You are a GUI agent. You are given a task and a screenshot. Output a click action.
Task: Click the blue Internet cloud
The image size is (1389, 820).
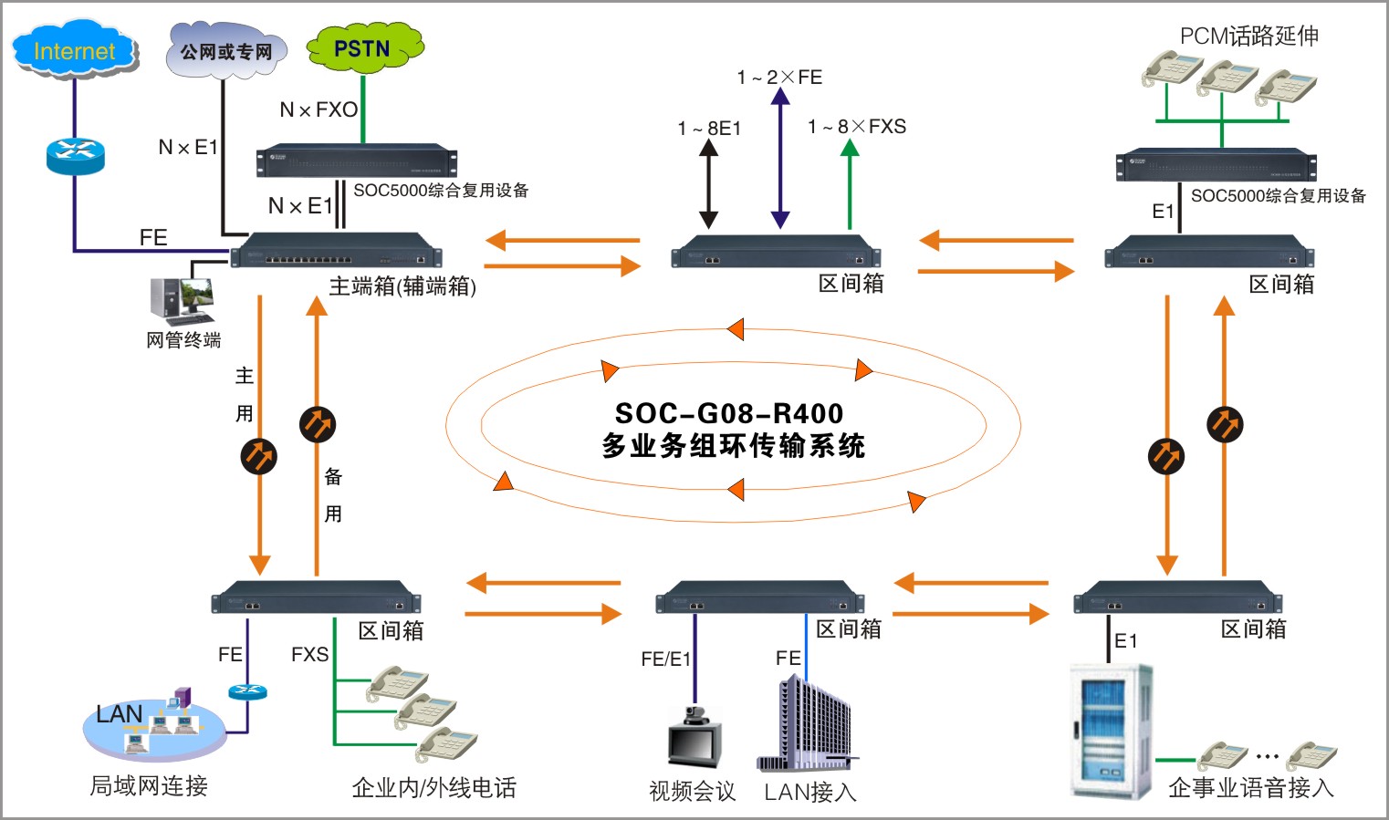click(75, 50)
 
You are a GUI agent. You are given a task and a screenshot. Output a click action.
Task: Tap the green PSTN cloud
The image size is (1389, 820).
click(363, 48)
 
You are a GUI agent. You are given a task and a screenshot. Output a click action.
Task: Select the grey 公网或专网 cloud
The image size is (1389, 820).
click(226, 51)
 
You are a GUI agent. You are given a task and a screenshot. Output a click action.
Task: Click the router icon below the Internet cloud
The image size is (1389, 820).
click(75, 155)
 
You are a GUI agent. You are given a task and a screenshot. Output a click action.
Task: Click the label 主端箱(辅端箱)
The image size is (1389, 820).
click(402, 286)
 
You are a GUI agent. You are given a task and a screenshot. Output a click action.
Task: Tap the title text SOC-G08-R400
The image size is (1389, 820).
click(729, 413)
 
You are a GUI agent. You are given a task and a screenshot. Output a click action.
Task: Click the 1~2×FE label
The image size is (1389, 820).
click(779, 78)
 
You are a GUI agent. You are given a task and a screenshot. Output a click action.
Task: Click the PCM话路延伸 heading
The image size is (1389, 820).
click(1248, 36)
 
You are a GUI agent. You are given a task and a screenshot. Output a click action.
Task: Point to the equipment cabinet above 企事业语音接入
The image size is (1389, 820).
click(1111, 732)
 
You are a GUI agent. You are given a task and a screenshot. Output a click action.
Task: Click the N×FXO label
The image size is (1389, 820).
click(319, 110)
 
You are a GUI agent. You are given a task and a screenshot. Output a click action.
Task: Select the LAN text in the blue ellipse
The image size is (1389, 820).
click(120, 714)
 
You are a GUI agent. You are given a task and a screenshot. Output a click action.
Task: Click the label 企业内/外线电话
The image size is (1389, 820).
click(434, 788)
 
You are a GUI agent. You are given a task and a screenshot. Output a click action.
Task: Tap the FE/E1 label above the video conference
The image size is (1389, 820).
click(666, 659)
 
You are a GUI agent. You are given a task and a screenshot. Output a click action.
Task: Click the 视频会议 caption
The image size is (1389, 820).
click(692, 791)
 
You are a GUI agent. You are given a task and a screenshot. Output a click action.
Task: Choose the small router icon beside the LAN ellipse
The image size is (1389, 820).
click(247, 691)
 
